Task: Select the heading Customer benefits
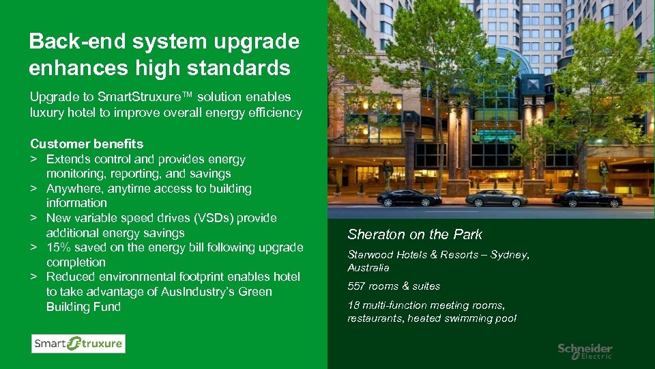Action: [x=87, y=144]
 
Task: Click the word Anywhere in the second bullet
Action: [x=74, y=189]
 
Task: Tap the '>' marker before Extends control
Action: [x=33, y=160]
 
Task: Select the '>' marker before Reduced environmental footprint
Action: [x=33, y=277]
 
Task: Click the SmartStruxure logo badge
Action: [x=78, y=343]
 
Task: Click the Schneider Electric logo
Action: [x=585, y=351]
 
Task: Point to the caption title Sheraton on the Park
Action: [x=415, y=234]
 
